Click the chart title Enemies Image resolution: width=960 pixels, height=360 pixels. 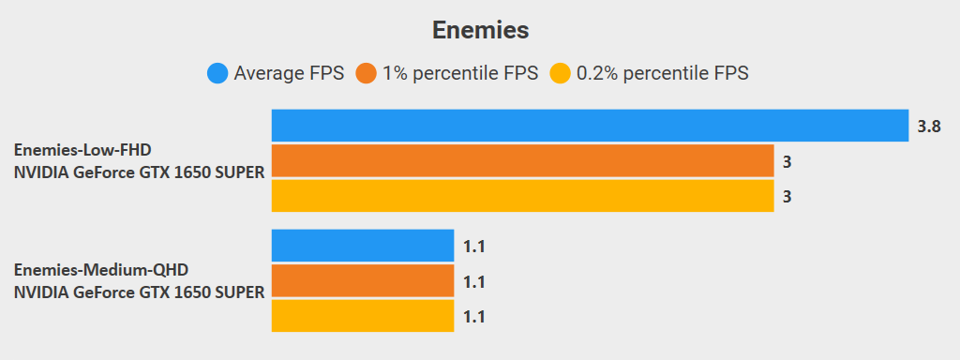(480, 30)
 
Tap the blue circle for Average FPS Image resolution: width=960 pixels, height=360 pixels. (217, 73)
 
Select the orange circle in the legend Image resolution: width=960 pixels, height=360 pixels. (367, 73)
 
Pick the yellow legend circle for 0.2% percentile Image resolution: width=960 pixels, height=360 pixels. (560, 73)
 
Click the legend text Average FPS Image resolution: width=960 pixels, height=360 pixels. (289, 73)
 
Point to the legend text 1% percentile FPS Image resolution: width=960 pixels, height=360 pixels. (460, 73)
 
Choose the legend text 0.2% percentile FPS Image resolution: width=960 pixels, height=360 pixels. (662, 73)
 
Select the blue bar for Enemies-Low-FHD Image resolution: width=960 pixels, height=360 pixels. (590, 126)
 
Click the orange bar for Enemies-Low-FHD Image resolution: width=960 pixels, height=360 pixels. (522, 161)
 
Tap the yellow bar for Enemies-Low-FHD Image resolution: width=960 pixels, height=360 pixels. (522, 196)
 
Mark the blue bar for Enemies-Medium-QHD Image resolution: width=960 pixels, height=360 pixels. (363, 246)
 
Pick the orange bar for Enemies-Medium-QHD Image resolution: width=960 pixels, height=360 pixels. (363, 281)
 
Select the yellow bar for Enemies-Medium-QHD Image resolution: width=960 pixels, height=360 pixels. (363, 316)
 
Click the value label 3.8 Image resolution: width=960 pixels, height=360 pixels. (928, 127)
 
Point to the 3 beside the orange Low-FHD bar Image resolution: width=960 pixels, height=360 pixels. (787, 162)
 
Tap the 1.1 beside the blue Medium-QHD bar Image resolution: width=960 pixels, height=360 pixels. (473, 247)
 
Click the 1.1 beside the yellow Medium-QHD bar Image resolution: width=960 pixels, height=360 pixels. (473, 317)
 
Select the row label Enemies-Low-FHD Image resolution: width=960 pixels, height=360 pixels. (82, 150)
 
